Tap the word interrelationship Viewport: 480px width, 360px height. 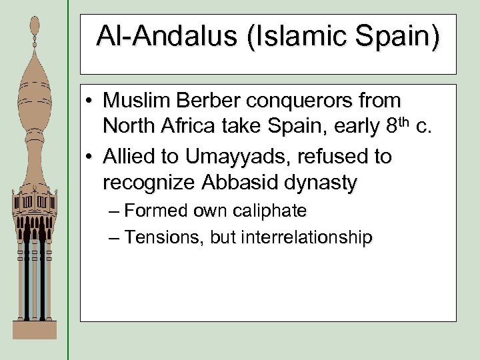[291, 237]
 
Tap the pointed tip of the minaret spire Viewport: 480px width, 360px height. [35, 20]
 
